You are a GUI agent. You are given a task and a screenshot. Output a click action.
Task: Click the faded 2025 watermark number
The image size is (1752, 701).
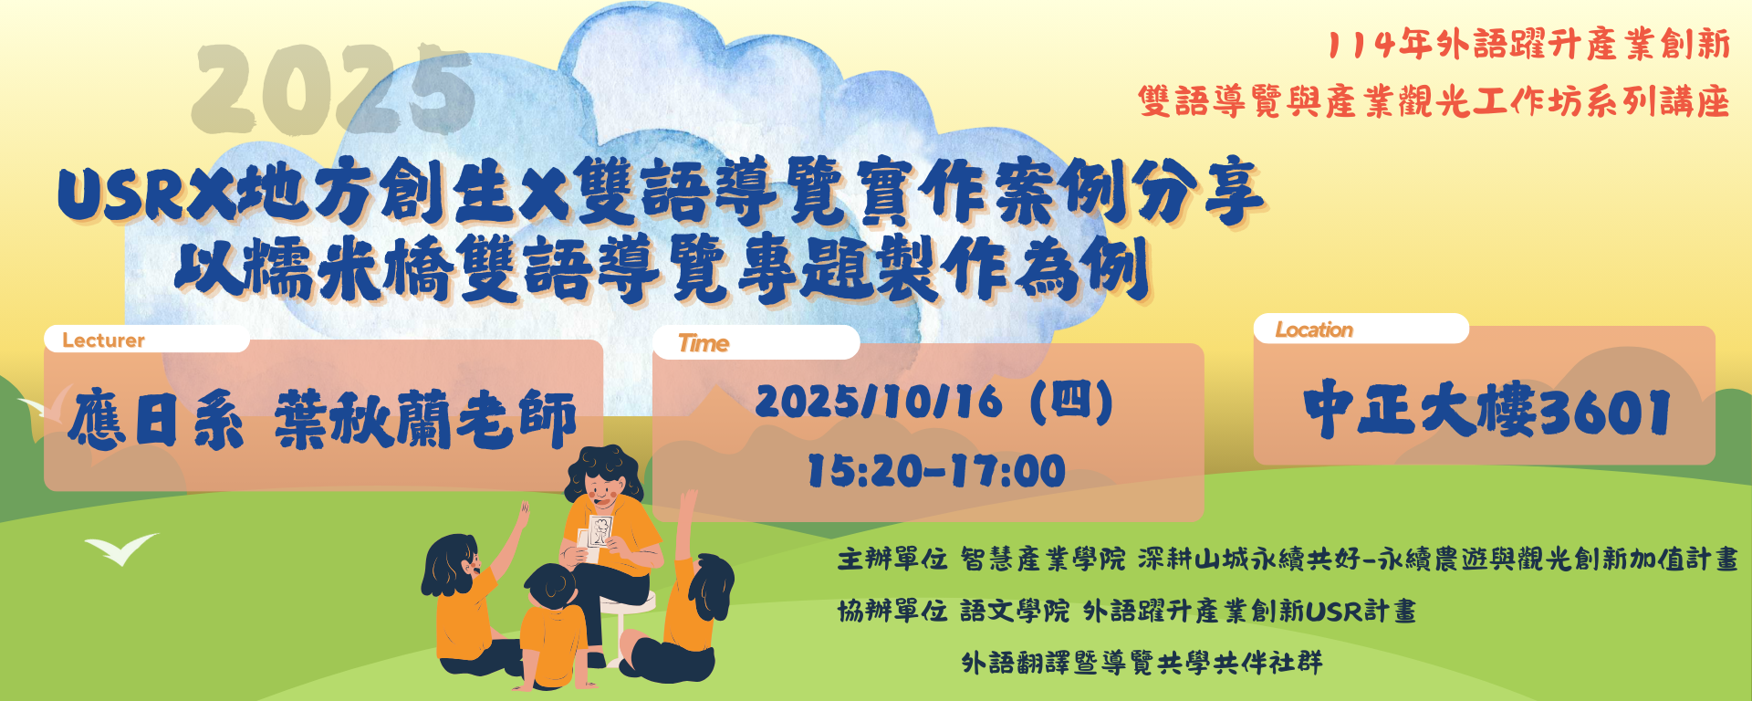(x=333, y=89)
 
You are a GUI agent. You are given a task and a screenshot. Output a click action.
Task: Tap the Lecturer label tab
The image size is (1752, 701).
(x=147, y=340)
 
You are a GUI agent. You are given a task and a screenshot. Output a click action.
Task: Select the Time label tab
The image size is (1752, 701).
(x=756, y=343)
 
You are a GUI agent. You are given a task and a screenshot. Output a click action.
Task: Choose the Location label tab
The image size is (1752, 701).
(x=1361, y=330)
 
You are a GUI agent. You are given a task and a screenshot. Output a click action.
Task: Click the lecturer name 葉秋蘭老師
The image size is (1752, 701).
(x=426, y=418)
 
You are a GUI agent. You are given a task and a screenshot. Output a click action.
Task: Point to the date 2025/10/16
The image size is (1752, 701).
(x=879, y=403)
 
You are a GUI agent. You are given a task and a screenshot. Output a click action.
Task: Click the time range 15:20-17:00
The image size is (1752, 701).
(x=937, y=471)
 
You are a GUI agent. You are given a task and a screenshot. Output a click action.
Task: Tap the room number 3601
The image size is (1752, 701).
(x=1604, y=412)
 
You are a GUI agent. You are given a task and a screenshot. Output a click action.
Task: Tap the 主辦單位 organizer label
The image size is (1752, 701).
(x=892, y=559)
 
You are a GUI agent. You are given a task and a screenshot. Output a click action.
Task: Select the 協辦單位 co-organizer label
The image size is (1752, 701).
(x=892, y=611)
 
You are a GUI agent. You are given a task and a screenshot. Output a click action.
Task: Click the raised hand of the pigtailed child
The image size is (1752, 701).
(x=524, y=513)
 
